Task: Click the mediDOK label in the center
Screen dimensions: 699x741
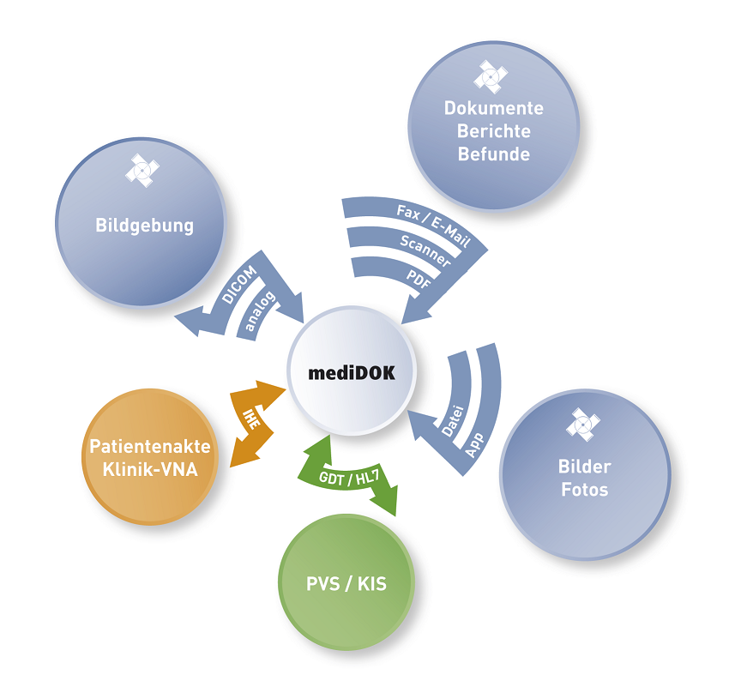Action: pos(352,373)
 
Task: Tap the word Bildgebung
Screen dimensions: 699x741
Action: pos(144,226)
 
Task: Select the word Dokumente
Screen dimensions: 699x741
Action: pos(493,108)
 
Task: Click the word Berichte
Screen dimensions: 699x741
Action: pos(493,131)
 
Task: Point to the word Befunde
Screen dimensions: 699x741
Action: pos(493,155)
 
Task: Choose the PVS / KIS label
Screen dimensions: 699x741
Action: pos(346,585)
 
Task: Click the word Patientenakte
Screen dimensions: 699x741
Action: pos(149,447)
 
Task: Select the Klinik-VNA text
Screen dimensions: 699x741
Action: pos(149,470)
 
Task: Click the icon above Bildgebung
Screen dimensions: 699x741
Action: pos(142,170)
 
